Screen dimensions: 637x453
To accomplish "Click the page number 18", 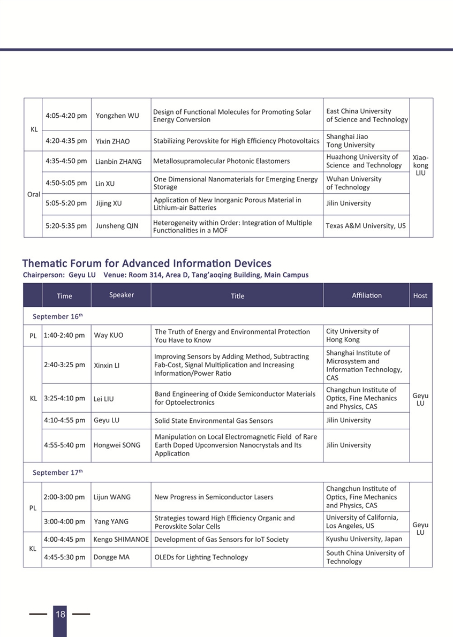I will pyautogui.click(x=60, y=614).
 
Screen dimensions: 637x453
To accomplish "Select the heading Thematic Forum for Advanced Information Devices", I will pyautogui.click(x=147, y=263).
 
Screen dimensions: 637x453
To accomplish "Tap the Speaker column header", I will pyautogui.click(x=122, y=295).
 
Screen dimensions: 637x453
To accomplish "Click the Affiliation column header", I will pyautogui.click(x=367, y=295).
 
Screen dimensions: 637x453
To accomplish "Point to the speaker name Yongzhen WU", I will pyautogui.click(x=117, y=116).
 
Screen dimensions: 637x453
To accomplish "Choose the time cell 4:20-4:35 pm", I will pyautogui.click(x=66, y=141).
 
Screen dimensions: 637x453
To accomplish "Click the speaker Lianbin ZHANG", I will pyautogui.click(x=118, y=161).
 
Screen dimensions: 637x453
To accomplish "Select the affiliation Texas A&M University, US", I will pyautogui.click(x=366, y=226).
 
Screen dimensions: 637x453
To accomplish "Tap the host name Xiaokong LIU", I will pyautogui.click(x=420, y=165).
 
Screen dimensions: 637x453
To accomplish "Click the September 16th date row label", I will pyautogui.click(x=58, y=316).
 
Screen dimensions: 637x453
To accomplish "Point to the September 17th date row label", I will pyautogui.click(x=58, y=473).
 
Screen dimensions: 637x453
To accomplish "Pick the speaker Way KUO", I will pyautogui.click(x=109, y=336).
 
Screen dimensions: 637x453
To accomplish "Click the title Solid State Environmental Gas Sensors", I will pyautogui.click(x=214, y=421).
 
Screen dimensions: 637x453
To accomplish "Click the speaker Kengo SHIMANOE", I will pyautogui.click(x=121, y=539).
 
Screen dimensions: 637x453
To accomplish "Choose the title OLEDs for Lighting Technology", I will pyautogui.click(x=201, y=557).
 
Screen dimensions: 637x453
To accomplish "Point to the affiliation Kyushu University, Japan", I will pyautogui.click(x=364, y=539).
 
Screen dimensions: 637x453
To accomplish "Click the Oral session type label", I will pyautogui.click(x=33, y=194).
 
